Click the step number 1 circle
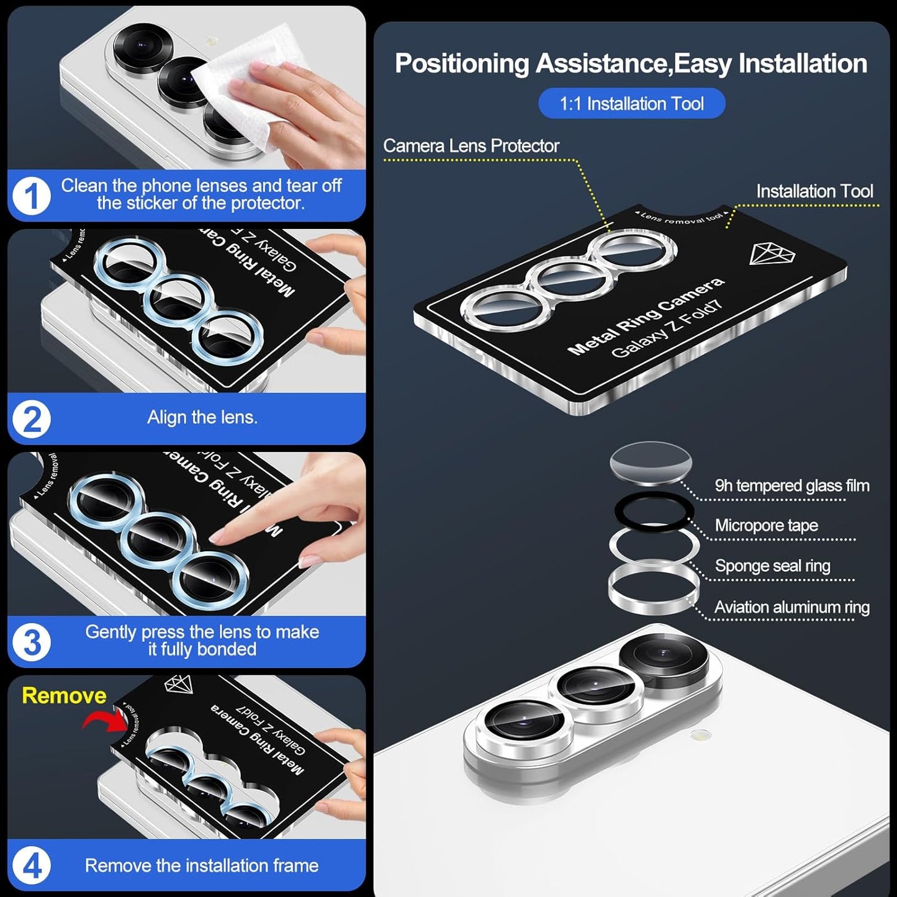point(31,196)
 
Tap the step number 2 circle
point(31,419)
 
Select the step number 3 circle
point(31,642)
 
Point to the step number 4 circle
point(31,865)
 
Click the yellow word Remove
point(64,695)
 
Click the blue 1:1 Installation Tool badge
point(631,103)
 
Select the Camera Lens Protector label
point(471,146)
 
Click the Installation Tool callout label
point(814,191)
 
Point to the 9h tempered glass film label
point(791,485)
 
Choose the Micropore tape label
point(766,526)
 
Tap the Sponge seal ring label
point(772,566)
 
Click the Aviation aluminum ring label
point(791,607)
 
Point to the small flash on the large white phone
point(701,736)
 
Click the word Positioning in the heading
point(461,64)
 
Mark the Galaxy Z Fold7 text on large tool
point(667,330)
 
